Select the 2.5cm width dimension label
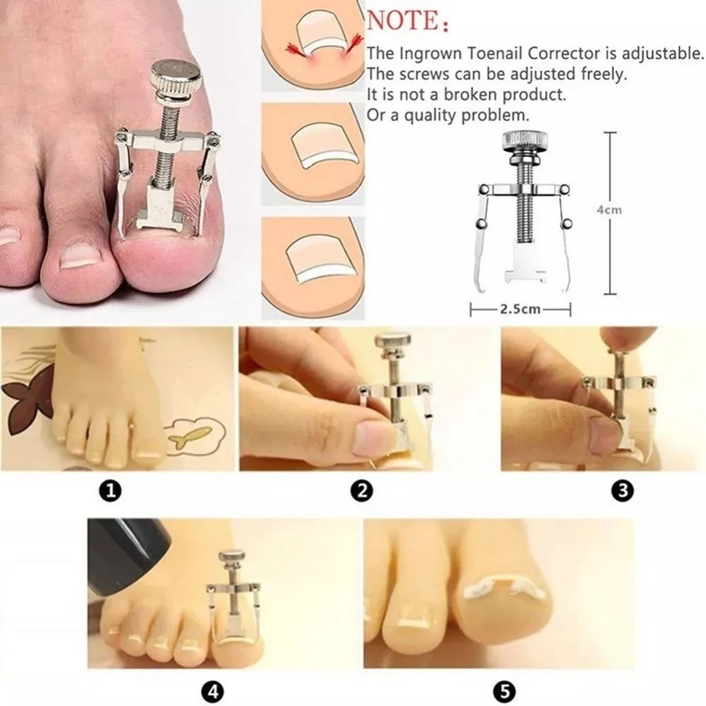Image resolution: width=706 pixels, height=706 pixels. [520, 308]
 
